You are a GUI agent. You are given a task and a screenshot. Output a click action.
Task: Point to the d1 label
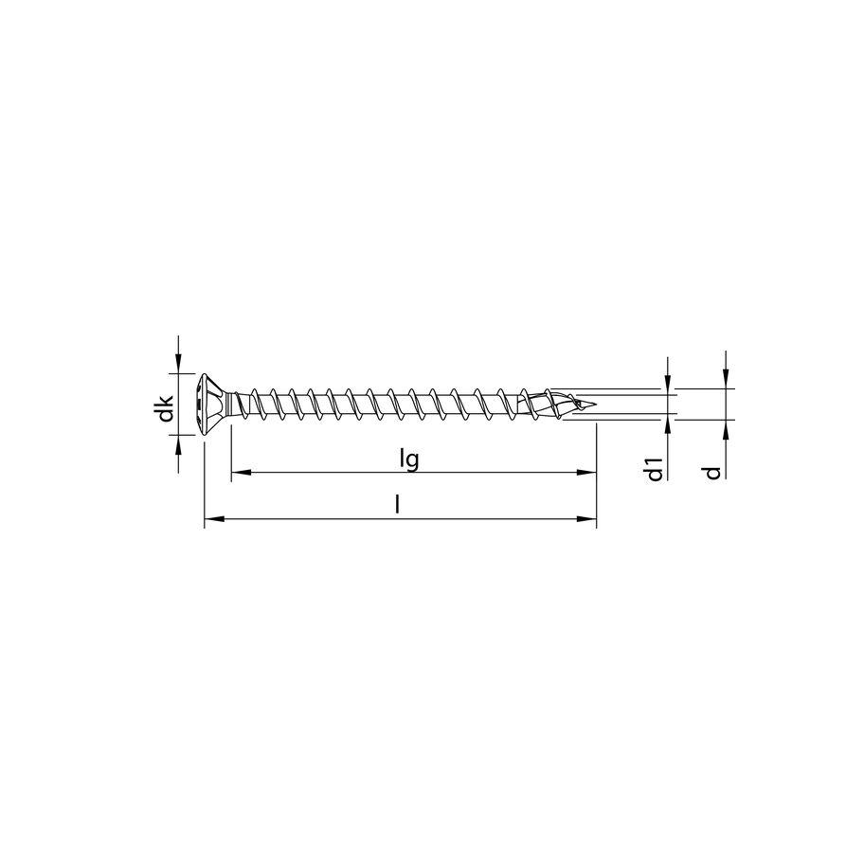pos(654,468)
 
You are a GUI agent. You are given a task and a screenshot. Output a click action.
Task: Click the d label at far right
pos(712,471)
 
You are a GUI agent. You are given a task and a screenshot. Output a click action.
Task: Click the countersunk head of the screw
pos(212,405)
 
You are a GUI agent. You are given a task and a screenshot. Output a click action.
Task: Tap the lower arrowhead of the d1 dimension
pos(669,426)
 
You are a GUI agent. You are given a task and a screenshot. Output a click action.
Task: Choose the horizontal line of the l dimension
pos(398,519)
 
